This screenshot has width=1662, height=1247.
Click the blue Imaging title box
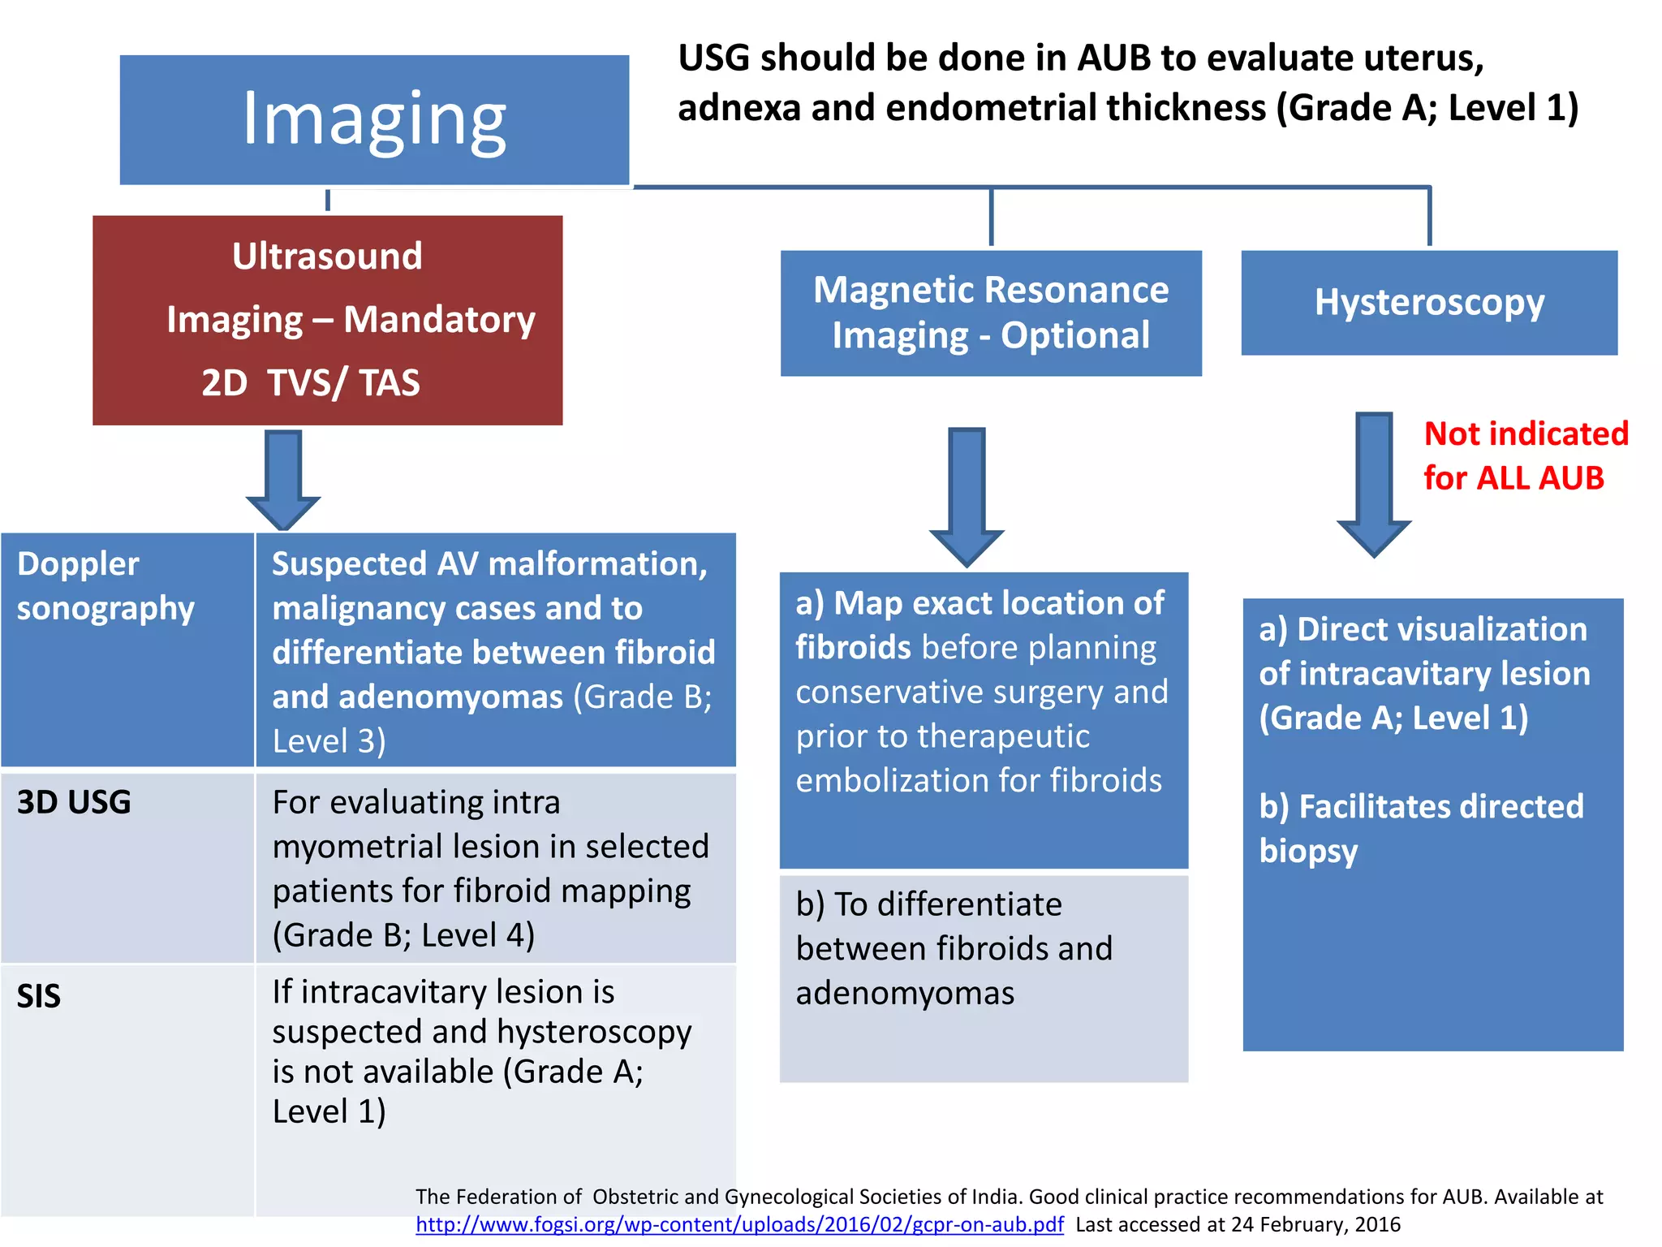pos(374,119)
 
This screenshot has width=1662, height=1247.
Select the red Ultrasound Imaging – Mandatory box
pos(327,319)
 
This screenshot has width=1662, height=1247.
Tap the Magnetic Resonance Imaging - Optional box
pos(991,313)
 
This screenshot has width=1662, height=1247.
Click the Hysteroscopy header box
pos(1429,302)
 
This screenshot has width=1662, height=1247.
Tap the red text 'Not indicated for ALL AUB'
pos(1525,455)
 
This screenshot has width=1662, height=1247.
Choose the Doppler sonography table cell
pos(105,586)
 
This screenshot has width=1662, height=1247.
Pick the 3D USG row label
pos(74,802)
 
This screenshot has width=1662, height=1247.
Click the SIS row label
pos(39,996)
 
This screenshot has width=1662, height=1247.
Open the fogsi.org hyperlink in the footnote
pos(739,1224)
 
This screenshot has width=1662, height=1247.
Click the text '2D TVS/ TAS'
pos(311,382)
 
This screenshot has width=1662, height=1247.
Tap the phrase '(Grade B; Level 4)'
pos(403,935)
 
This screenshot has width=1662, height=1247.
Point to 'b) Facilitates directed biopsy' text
pos(1420,828)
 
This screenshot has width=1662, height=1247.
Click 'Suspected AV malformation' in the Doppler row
pos(489,563)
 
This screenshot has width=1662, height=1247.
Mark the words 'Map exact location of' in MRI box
pos(998,603)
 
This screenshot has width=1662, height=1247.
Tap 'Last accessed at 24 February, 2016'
pos(1238,1224)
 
